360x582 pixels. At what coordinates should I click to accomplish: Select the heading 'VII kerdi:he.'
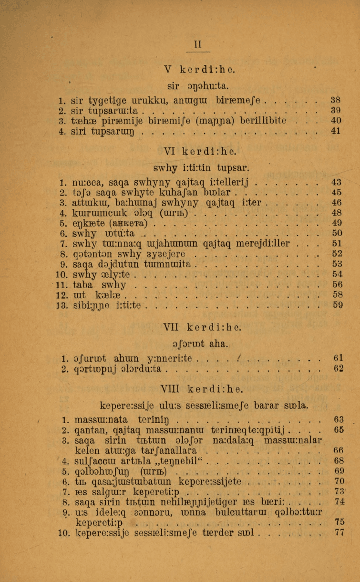[x=202, y=328]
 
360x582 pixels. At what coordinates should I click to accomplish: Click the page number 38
[x=336, y=101]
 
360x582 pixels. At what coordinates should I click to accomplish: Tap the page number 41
[x=336, y=131]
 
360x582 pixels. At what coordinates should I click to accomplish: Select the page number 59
[x=338, y=305]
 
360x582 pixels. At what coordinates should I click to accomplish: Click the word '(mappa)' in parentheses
[x=208, y=121]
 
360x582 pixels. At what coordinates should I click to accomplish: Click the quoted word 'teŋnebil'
[x=179, y=461]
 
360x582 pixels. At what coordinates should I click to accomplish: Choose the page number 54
[x=338, y=274]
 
